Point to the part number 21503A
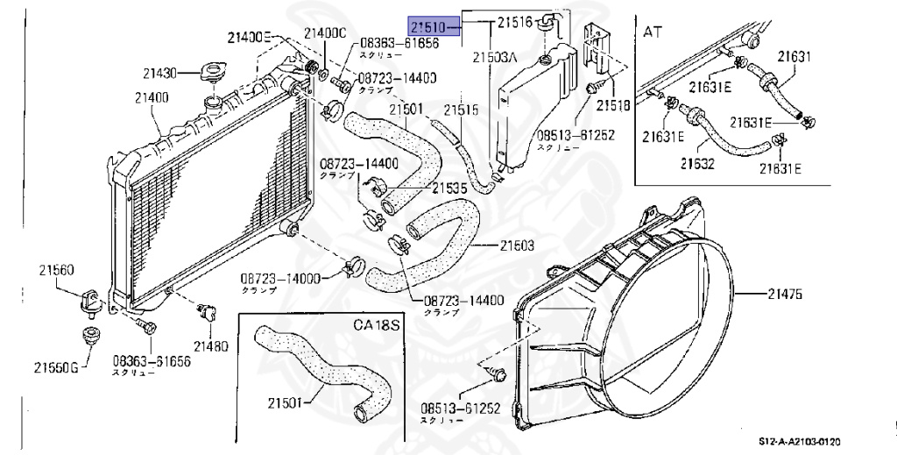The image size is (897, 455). [x=497, y=57]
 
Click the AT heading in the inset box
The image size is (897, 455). [x=653, y=32]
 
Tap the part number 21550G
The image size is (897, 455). [x=54, y=366]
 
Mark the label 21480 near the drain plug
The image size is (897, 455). [x=211, y=345]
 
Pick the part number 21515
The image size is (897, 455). [x=460, y=110]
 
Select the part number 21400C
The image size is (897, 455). [x=325, y=33]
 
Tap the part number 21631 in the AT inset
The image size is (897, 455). [x=795, y=58]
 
